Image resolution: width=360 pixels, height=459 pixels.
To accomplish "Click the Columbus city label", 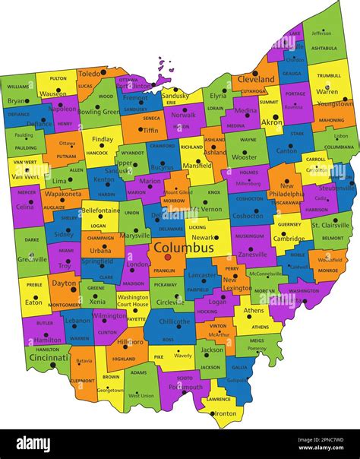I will click(183, 248).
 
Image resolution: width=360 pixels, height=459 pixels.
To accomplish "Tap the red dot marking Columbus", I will click(168, 257).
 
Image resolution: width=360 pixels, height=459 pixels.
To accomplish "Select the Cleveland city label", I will click(256, 79).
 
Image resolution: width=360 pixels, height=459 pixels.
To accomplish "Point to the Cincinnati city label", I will click(49, 356).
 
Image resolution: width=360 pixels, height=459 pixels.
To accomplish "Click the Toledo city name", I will click(90, 73).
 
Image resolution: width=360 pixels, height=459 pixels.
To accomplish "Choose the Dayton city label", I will click(64, 283).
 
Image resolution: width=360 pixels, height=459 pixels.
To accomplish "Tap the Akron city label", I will click(271, 122).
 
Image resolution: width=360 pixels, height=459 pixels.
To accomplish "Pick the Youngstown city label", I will click(335, 103).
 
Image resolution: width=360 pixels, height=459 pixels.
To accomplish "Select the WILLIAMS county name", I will click(17, 87).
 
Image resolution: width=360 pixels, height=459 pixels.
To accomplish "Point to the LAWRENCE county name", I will click(219, 399).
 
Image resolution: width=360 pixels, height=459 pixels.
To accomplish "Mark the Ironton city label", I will click(224, 413).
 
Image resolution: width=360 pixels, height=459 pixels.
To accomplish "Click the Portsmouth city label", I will click(185, 387).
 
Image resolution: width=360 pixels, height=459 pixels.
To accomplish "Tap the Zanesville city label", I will click(252, 255).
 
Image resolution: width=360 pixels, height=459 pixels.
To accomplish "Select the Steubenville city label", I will click(336, 187).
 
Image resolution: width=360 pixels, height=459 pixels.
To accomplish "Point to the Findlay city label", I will click(102, 140).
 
